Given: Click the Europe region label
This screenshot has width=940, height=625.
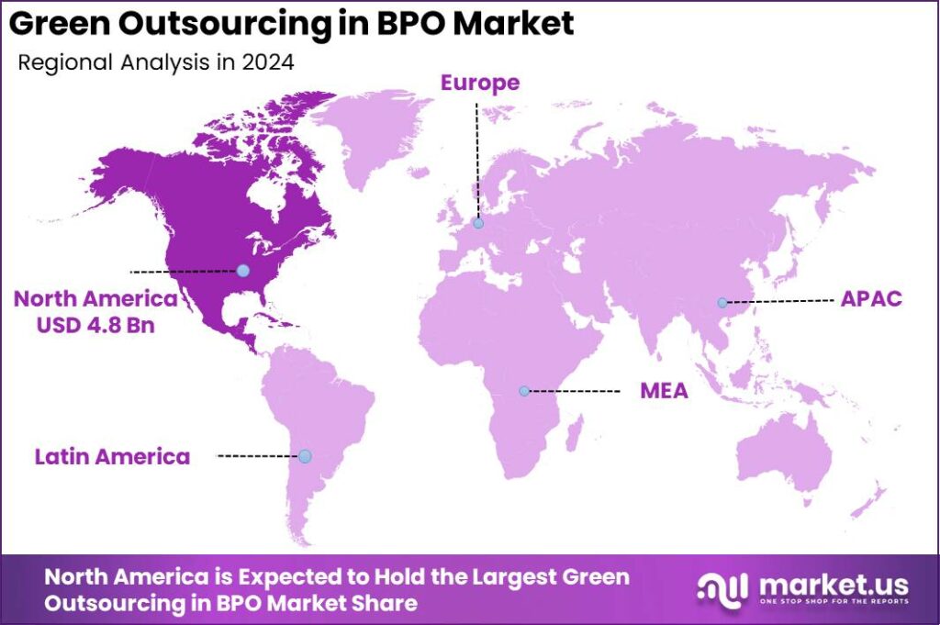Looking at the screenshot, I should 479,83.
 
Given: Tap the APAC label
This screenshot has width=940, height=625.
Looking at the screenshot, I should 871,300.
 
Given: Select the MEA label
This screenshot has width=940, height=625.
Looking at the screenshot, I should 664,392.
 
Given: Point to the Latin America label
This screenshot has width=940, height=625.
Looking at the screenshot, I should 112,456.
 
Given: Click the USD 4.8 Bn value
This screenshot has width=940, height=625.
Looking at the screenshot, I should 95,325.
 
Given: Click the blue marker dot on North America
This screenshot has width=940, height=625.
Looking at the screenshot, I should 242,270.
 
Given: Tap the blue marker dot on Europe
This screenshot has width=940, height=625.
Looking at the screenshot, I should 478,223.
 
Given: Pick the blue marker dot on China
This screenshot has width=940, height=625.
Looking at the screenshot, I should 722,302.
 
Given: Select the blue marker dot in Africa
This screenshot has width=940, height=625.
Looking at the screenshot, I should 524,391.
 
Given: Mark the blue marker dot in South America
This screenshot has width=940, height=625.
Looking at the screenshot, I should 305,456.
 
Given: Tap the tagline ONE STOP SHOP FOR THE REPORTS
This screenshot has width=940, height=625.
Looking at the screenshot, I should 833,601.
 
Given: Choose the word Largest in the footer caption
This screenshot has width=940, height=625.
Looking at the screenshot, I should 499,577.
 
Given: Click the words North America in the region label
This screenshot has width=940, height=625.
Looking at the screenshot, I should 95,299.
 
